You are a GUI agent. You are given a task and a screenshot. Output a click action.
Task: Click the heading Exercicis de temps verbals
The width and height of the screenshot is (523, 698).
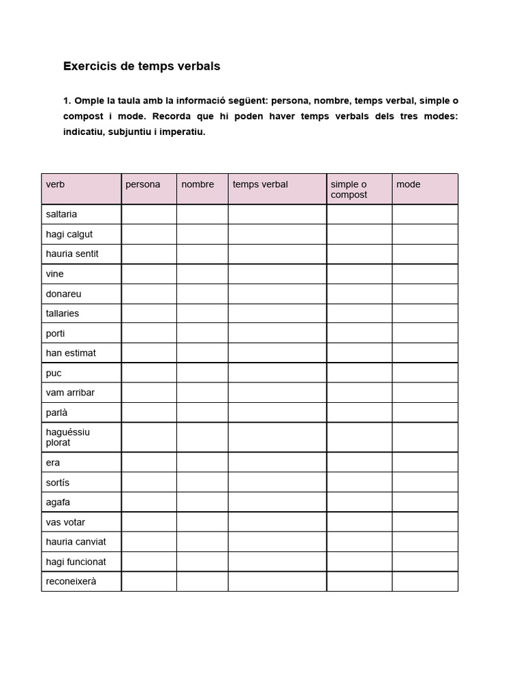(142, 67)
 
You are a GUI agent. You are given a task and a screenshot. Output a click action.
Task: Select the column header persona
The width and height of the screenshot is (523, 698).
(143, 184)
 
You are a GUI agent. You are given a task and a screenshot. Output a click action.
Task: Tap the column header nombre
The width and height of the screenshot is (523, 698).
(197, 184)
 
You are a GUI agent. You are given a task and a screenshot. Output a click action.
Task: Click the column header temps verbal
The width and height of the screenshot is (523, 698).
(260, 184)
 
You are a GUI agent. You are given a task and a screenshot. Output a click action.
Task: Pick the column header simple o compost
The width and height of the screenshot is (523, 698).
(349, 189)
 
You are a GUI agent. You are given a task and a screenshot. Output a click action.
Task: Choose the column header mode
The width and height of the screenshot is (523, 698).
(409, 184)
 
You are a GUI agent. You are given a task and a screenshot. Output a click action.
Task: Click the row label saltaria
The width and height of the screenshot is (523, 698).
(61, 214)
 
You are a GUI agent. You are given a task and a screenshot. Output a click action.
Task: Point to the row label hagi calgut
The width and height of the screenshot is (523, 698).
(69, 234)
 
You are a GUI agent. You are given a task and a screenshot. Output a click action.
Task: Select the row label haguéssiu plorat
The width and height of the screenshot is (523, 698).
(67, 437)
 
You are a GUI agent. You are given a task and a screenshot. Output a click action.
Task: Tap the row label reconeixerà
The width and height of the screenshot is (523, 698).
(71, 581)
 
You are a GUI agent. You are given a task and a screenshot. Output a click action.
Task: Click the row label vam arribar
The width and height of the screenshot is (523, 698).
(70, 393)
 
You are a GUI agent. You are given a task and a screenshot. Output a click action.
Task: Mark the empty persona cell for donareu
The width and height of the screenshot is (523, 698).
(149, 294)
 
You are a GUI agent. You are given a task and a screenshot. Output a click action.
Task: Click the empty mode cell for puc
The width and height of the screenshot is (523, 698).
(425, 373)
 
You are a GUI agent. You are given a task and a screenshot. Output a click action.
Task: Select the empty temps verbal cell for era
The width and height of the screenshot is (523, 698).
(277, 462)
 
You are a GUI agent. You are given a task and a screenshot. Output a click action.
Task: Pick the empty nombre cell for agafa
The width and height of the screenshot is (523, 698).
(202, 502)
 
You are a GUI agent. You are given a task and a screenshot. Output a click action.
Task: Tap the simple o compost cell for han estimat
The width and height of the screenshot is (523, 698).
(359, 353)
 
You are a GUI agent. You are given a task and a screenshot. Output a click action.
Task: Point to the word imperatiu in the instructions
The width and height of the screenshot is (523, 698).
(182, 132)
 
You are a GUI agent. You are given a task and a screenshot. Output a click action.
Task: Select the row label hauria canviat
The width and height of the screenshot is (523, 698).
(76, 542)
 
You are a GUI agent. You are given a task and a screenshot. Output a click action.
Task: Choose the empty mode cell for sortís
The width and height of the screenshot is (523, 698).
(425, 483)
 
